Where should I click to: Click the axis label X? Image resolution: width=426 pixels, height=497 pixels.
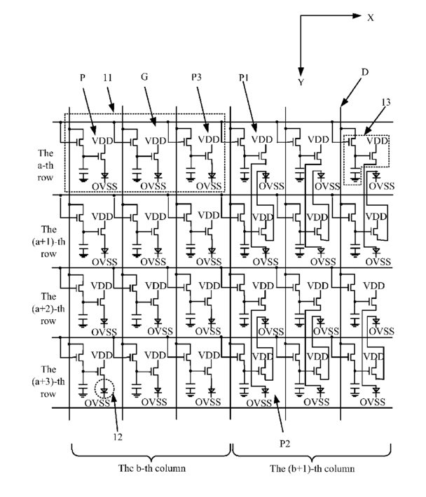[371, 17]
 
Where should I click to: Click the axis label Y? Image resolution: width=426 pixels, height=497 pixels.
[301, 83]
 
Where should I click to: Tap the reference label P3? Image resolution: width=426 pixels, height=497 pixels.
[196, 77]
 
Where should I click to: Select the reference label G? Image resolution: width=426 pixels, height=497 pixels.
[144, 77]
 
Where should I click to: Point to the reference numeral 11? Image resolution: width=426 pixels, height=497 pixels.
[108, 78]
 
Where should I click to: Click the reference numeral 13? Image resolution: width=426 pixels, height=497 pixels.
[386, 102]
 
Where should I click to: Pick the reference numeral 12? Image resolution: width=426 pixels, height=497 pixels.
[118, 437]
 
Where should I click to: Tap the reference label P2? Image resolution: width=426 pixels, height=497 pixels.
[284, 444]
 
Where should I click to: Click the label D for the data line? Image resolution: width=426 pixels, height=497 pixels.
[365, 72]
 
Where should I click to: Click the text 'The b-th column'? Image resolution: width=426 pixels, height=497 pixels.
[152, 468]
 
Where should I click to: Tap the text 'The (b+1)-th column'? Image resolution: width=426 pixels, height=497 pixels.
[312, 468]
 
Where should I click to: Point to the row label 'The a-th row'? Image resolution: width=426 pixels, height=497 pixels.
[46, 165]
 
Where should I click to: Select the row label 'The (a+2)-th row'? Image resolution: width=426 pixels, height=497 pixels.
[48, 309]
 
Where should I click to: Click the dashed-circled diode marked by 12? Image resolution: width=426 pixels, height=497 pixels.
[104, 389]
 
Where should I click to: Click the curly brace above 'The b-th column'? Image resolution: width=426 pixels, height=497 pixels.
[151, 451]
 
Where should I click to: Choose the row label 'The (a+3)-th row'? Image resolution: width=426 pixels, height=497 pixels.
[48, 381]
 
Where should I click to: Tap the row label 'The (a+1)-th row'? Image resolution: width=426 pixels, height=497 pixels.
[48, 241]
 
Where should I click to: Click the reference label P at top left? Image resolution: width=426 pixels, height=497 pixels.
[83, 78]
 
